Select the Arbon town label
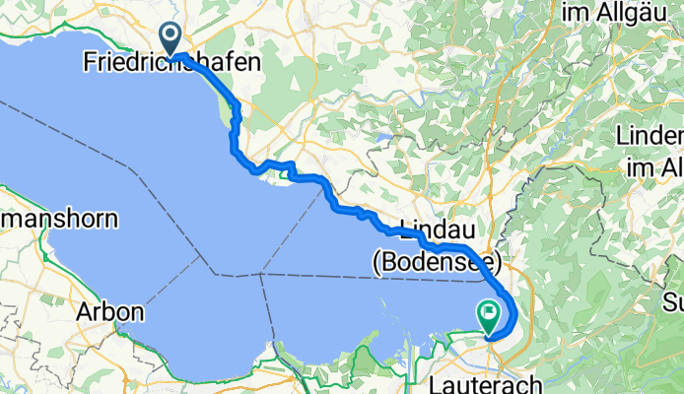click(110, 313)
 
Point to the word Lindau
click(438, 225)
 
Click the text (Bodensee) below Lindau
click(437, 263)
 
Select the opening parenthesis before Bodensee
click(376, 263)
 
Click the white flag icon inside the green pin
click(490, 313)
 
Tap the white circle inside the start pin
click(171, 36)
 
